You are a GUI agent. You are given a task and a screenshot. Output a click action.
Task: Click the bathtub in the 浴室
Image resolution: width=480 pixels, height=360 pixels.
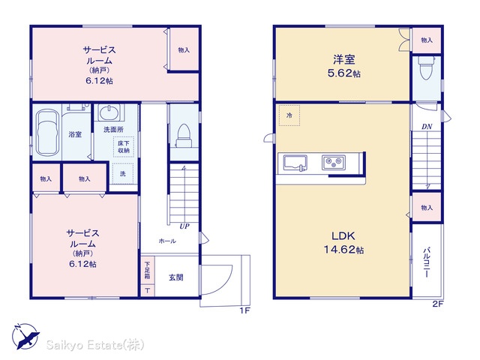point(47,133)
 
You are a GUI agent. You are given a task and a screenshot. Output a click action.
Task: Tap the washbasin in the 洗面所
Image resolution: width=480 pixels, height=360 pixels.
point(109,112)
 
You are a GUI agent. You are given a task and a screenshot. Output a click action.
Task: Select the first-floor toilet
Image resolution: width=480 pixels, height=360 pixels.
point(184,136)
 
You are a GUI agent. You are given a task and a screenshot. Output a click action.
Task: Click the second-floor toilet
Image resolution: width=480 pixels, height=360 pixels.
point(427,68)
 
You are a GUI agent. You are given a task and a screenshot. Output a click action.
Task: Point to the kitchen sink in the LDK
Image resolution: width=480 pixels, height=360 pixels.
point(295,163)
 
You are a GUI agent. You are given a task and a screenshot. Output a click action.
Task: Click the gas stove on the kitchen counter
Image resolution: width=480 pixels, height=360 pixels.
point(334,162)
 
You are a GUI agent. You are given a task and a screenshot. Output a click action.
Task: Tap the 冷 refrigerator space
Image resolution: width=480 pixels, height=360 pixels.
point(289,115)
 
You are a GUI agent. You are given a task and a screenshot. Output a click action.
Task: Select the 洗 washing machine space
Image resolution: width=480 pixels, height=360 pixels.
point(123,173)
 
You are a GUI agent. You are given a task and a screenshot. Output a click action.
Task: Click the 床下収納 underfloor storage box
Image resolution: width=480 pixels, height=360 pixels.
point(124,147)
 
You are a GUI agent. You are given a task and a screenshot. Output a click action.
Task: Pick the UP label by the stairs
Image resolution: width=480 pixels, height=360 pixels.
point(184,226)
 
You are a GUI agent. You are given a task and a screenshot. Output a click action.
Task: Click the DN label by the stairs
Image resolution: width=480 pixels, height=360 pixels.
point(427,127)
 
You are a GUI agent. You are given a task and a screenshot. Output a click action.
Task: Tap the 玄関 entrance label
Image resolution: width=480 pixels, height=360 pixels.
point(176,277)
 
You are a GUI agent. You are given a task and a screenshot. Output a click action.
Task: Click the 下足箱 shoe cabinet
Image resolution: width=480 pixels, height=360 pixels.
point(148,270)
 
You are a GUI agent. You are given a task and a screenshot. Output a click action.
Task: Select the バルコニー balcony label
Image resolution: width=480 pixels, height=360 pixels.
point(427,262)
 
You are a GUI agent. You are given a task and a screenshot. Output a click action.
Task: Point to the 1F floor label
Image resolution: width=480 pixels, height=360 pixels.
point(245,310)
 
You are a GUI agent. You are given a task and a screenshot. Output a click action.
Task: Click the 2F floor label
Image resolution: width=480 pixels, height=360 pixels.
point(438,304)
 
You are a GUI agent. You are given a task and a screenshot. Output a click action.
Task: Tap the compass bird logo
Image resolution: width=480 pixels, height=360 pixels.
point(25,337)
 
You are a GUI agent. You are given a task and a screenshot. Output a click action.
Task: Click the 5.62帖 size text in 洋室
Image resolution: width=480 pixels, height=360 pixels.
point(343,73)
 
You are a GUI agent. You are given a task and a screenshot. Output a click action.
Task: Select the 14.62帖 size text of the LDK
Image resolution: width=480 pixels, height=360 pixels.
point(343,250)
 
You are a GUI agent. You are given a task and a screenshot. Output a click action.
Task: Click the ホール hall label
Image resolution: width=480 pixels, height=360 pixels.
point(167,241)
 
